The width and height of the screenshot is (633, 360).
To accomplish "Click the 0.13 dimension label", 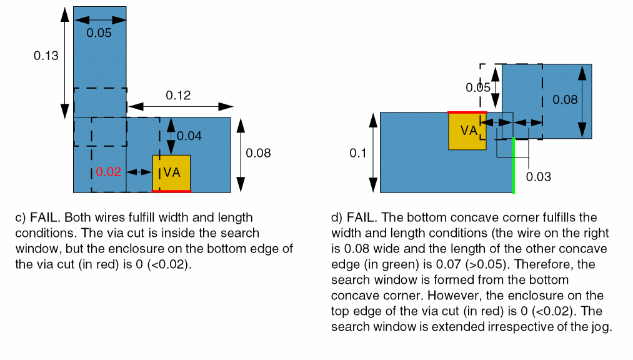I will (x=46, y=56).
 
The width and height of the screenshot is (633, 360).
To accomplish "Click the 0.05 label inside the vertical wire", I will (x=99, y=33).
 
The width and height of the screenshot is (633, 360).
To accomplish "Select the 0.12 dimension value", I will (x=178, y=96).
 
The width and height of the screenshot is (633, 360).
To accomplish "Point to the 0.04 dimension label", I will (x=189, y=136).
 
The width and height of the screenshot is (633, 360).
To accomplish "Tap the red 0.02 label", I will (x=109, y=172).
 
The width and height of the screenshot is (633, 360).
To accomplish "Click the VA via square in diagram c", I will (x=172, y=172).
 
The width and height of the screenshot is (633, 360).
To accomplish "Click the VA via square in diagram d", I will (x=467, y=131).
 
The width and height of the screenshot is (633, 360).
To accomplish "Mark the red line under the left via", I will (x=172, y=191).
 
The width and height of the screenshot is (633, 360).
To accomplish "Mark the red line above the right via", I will (x=467, y=112).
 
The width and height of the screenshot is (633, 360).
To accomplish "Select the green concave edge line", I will (x=513, y=165).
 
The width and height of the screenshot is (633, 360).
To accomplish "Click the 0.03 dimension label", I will (x=538, y=177).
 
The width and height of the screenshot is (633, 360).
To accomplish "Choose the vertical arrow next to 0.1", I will (x=373, y=152).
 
